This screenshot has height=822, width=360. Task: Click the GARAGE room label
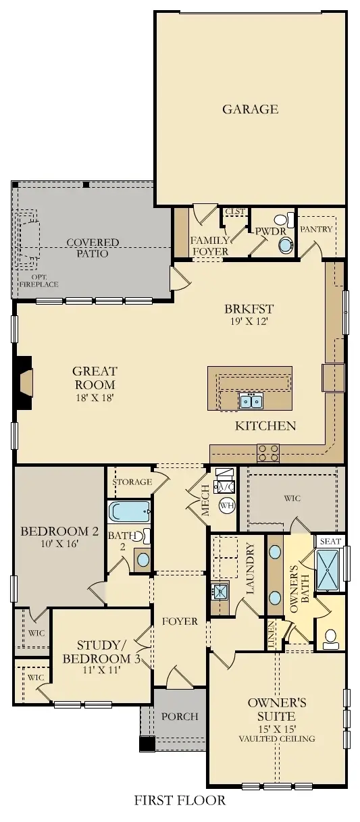250,109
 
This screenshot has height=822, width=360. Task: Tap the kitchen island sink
251,402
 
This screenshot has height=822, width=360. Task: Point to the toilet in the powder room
282,220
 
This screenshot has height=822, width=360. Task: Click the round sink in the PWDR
286,245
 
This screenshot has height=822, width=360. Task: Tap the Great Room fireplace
25,383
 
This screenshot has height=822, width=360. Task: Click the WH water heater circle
226,505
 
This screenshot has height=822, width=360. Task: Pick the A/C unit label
224,487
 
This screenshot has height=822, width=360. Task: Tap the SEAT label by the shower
330,542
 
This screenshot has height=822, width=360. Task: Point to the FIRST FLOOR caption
180,801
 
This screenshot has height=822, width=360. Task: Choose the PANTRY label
316,229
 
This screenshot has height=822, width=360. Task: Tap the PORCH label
180,716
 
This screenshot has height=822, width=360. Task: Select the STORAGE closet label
131,482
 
